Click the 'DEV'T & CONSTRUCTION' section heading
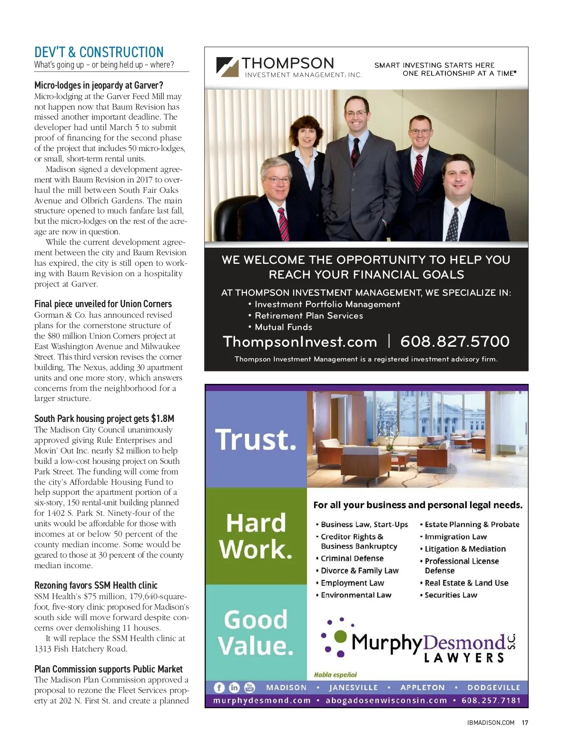pos(99,52)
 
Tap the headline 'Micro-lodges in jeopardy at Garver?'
pos(98,85)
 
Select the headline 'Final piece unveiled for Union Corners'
pos(103,304)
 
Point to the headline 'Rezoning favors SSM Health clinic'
pos(96,585)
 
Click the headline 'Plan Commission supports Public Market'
pos(108,669)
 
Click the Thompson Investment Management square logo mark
pos(227,67)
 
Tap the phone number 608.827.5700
pos(454,341)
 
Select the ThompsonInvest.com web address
pos(300,342)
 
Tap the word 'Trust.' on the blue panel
pos(256,439)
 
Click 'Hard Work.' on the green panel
pos(256,536)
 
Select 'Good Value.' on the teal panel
pos(256,632)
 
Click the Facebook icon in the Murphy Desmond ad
pos(219,687)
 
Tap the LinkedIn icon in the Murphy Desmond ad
pos(234,687)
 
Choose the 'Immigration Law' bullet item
pos(455,537)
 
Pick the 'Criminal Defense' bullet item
pos(352,558)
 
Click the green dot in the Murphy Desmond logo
pos(341,636)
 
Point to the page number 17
pos(525,722)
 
